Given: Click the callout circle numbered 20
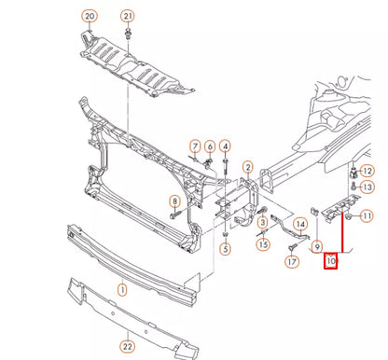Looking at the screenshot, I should click(90, 17).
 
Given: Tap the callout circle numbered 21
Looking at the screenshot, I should click(128, 17).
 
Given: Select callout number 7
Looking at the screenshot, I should click(195, 146).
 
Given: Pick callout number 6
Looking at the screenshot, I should click(210, 146).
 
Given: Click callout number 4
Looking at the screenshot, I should click(226, 146).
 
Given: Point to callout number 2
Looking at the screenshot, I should click(248, 168).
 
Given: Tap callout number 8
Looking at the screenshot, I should click(173, 202).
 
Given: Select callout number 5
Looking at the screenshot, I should click(226, 248).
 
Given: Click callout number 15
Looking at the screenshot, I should click(264, 244).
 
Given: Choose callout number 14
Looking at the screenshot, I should click(300, 225).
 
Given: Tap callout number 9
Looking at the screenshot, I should click(317, 246).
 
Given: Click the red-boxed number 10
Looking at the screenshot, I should click(331, 262).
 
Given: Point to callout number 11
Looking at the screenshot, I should click(367, 216).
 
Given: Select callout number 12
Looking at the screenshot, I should click(367, 171).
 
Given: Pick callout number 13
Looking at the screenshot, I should click(367, 187).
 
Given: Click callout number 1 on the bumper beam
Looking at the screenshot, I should click(120, 290).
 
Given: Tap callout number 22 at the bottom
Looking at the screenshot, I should click(127, 348).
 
